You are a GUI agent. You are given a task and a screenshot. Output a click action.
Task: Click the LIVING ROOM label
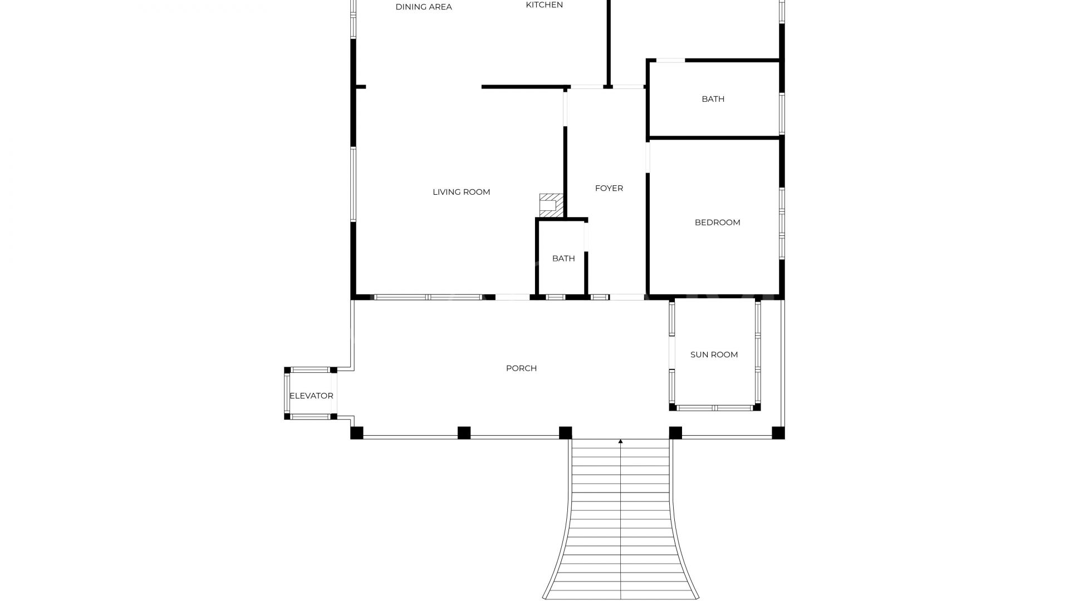pos(461,192)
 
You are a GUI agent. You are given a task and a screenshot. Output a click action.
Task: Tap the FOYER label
pos(609,188)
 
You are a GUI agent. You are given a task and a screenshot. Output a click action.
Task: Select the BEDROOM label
pos(717,223)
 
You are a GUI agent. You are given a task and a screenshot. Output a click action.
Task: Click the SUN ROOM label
pos(714,354)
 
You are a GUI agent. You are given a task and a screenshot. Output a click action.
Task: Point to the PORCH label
pos(521,368)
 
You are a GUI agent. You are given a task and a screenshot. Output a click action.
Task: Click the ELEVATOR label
pos(311,396)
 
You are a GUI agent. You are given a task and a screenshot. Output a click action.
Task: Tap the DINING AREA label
pos(423,7)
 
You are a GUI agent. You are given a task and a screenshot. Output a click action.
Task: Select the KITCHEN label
pos(544,5)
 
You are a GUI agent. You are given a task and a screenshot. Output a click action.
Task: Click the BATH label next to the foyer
pos(563,258)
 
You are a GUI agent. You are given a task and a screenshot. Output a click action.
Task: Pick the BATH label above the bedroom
pos(713,99)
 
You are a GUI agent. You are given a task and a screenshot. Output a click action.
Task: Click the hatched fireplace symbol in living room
pos(551,205)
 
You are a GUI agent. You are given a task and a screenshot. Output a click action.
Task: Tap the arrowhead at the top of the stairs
pos(620,441)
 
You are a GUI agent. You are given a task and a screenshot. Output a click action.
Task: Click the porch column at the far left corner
pos(357,432)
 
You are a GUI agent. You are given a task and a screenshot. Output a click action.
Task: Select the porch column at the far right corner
pos(778,432)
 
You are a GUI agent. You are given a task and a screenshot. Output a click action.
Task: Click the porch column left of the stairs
pos(565,432)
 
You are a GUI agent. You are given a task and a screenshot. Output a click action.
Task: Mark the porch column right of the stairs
pos(675,432)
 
